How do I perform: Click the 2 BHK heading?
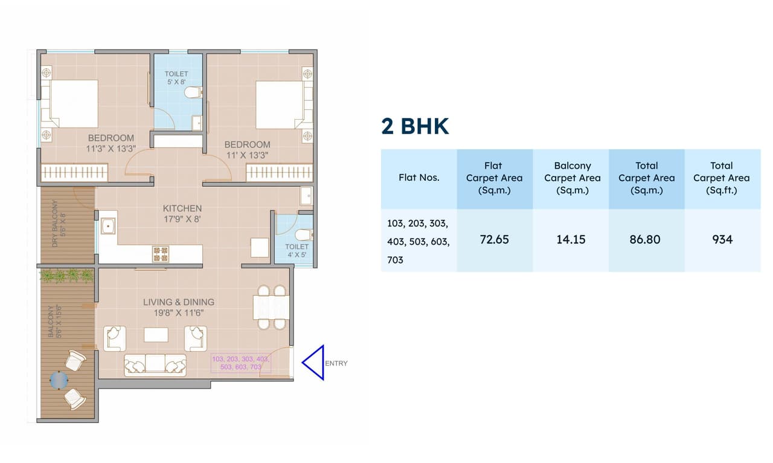click(415, 126)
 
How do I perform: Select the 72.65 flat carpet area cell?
click(494, 239)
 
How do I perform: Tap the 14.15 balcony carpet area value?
click(571, 239)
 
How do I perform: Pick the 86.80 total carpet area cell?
click(646, 239)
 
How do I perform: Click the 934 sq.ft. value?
click(722, 239)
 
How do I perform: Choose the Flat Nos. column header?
click(419, 178)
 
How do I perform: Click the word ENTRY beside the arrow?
click(336, 363)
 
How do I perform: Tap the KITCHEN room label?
click(182, 209)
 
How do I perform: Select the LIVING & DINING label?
click(179, 302)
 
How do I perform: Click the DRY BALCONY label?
click(55, 223)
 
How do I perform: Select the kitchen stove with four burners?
click(161, 253)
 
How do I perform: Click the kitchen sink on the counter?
click(109, 227)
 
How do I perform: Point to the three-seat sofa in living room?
click(155, 364)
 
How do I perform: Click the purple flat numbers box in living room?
click(240, 363)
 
